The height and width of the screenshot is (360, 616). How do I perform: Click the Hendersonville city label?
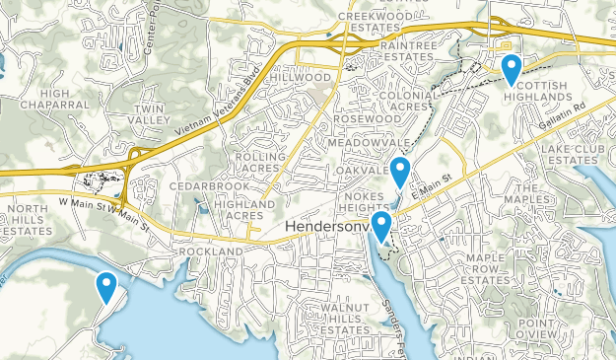tap(329, 229)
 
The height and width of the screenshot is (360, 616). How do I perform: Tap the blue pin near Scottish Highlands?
tap(512, 69)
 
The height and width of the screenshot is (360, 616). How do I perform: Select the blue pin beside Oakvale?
tap(399, 172)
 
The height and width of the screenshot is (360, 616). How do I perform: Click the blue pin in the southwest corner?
tap(105, 286)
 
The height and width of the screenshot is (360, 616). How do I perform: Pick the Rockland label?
tap(211, 252)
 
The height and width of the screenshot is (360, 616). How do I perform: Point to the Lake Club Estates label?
tap(572, 154)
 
